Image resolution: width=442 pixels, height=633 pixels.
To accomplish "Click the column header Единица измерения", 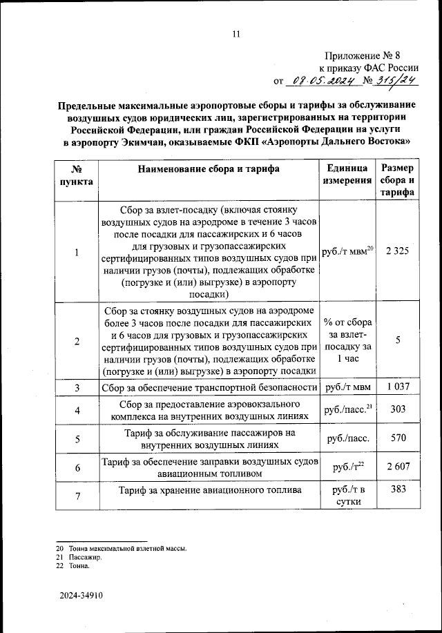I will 347,175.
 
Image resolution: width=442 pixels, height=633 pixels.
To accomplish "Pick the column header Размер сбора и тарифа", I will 397,180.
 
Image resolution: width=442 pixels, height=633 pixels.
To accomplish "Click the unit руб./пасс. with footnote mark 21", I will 348,410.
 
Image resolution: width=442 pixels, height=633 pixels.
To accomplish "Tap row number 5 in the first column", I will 77,438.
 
